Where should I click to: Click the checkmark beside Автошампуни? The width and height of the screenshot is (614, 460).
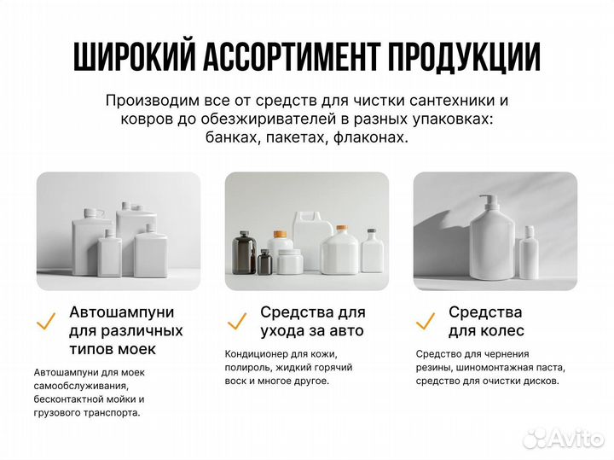[46, 322]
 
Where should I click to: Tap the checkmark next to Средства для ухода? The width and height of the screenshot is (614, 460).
[236, 322]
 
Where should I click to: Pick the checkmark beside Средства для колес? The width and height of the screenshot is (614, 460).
[425, 322]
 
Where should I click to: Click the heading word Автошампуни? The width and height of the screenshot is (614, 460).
[125, 312]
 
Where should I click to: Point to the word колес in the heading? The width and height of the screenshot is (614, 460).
[498, 330]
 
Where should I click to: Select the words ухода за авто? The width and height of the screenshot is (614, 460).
[312, 330]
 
